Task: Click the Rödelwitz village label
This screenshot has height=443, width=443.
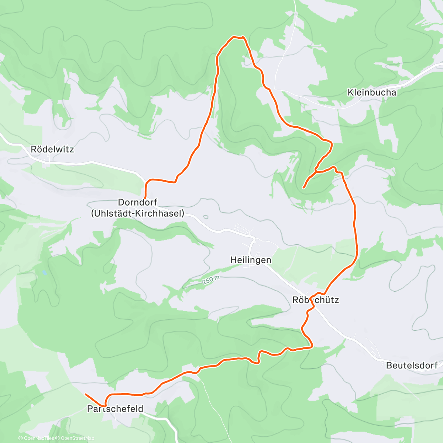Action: tap(52, 150)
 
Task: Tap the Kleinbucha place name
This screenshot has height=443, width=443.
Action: tap(372, 92)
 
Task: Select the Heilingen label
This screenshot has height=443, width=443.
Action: tap(251, 260)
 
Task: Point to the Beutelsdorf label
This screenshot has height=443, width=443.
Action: tap(412, 365)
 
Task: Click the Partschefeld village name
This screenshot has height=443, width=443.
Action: tap(115, 409)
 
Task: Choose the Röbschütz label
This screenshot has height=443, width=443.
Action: tap(315, 300)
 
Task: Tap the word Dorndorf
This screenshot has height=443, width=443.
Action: tap(138, 202)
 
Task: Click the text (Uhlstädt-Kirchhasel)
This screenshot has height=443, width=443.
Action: tap(138, 213)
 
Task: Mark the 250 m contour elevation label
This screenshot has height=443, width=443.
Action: tap(211, 280)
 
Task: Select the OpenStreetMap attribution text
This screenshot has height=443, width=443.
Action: tap(77, 438)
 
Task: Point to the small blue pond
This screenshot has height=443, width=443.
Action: tap(44, 273)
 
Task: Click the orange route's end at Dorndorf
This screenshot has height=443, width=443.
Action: tap(145, 198)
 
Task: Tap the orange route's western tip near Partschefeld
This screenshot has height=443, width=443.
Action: tap(86, 394)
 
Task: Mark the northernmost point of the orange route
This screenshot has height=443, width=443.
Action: tap(234, 37)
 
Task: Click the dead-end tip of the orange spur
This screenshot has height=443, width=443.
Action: tap(303, 188)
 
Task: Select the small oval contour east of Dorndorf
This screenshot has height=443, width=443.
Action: tap(205, 217)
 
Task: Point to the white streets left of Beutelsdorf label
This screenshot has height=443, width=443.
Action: tap(373, 351)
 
